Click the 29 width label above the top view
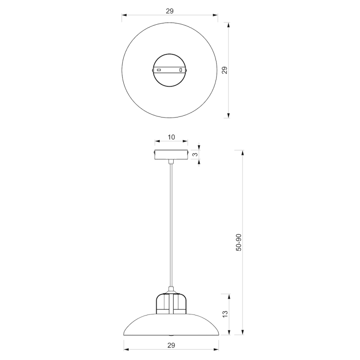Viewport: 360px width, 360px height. coord(170,11)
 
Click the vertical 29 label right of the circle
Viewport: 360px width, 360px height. coord(225,70)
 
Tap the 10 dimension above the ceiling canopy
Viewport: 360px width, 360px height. coord(171,137)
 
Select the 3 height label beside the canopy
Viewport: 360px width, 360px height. coord(194,154)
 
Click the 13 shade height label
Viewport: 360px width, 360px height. coord(225,314)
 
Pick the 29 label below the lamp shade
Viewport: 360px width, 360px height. coord(171,345)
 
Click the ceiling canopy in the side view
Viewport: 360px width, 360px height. coord(171,154)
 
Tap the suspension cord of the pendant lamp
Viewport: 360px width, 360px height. coord(171,225)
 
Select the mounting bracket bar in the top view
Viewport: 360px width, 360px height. coord(170,70)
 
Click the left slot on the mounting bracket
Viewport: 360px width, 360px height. coord(159,70)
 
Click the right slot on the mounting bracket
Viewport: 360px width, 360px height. coord(181,70)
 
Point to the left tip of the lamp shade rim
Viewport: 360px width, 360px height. coord(124,333)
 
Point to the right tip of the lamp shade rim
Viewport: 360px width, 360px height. coord(218,333)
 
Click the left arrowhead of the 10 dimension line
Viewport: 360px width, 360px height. coord(156,141)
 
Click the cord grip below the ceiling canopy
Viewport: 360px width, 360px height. coord(171,161)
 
